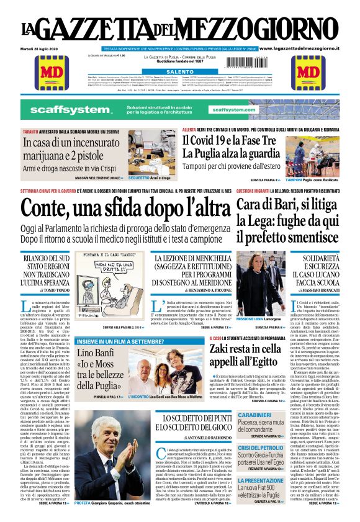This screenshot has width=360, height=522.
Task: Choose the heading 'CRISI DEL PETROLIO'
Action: (x=261, y=448)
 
